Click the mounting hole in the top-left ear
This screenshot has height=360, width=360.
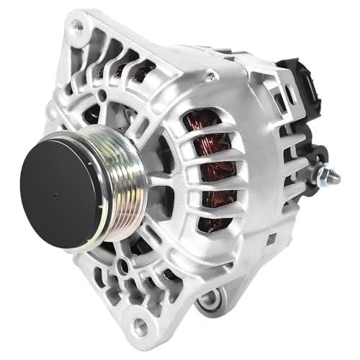click(x=76, y=27)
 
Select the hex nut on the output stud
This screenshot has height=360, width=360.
click(x=322, y=176)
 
